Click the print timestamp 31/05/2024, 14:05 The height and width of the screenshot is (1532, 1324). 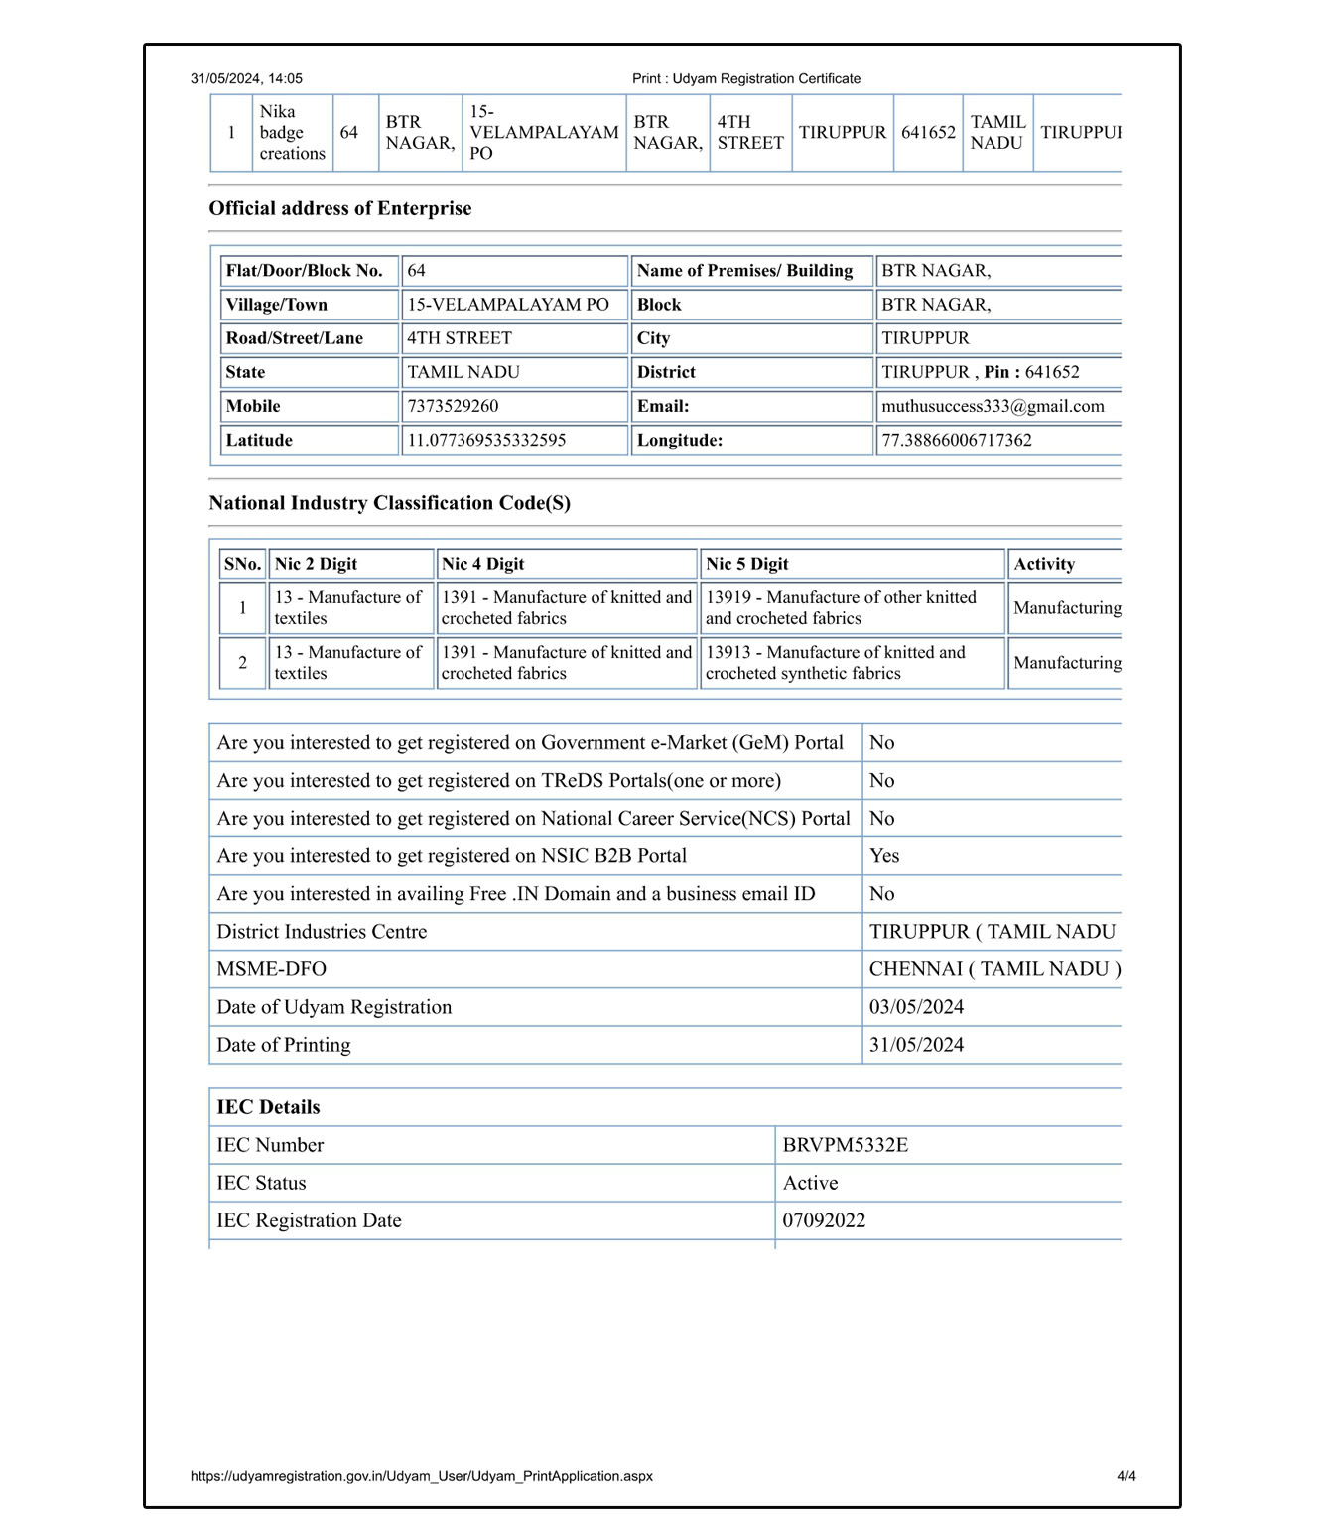(246, 79)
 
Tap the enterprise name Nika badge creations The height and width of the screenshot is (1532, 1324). (292, 133)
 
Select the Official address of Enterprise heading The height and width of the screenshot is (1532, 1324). (339, 208)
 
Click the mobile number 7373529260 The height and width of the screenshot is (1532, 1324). (453, 406)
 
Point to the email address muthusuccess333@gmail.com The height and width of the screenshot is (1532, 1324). (993, 406)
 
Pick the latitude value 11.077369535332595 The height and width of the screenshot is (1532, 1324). (486, 440)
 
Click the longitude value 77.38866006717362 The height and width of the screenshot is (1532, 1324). (957, 440)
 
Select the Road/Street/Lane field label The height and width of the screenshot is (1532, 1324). (294, 338)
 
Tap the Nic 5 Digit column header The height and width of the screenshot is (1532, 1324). (746, 564)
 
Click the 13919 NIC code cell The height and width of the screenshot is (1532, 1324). (841, 607)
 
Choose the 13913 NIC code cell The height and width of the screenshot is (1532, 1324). (835, 662)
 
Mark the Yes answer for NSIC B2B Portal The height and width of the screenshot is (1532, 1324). (884, 856)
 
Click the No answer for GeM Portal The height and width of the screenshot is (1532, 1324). (881, 743)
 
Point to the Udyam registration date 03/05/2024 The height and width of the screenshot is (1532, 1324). (916, 1007)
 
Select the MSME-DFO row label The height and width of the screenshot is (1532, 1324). (271, 969)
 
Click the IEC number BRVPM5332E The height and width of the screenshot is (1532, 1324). (845, 1145)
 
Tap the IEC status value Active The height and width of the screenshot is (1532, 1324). (810, 1183)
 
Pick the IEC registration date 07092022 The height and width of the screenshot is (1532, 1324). (824, 1220)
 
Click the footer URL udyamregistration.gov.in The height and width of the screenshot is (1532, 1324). (421, 1476)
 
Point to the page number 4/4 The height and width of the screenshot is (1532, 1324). (1125, 1476)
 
